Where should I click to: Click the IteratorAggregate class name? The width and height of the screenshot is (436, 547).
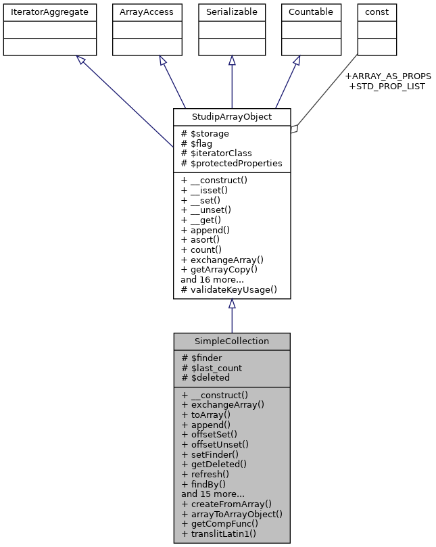49,11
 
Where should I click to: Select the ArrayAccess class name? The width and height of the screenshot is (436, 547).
147,11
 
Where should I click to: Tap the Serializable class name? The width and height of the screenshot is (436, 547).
232,11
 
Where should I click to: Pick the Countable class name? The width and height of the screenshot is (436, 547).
310,11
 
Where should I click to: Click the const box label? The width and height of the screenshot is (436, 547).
377,11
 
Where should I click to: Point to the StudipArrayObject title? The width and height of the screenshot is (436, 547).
232,116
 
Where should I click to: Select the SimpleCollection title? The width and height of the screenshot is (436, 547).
232,341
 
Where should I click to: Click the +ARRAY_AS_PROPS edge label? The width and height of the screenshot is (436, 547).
387,76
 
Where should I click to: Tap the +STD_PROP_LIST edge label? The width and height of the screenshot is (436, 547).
386,86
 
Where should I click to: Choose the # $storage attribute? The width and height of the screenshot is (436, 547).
205,133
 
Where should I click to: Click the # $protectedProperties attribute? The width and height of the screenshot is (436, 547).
231,163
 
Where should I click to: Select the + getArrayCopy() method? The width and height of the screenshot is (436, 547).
219,269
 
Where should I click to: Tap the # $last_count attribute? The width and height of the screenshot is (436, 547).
212,368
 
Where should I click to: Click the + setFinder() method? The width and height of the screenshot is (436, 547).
214,454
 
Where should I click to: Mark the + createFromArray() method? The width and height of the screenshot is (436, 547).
226,503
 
